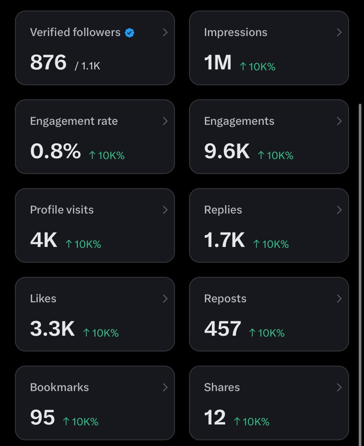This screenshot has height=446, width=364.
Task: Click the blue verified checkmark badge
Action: click(x=130, y=33)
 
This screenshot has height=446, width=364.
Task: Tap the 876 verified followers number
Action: click(x=48, y=62)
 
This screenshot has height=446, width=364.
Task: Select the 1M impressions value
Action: click(x=218, y=62)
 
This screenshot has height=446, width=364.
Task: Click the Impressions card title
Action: click(x=236, y=33)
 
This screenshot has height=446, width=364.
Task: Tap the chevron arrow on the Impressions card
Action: click(x=339, y=33)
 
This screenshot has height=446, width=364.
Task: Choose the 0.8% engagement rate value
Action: click(x=55, y=151)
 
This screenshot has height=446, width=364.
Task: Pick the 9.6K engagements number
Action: click(x=227, y=151)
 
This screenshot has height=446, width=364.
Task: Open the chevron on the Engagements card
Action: click(x=339, y=121)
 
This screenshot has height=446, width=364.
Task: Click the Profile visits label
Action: click(x=62, y=210)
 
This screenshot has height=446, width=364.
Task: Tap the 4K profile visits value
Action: click(x=44, y=240)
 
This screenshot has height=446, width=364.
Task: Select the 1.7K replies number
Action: click(x=225, y=240)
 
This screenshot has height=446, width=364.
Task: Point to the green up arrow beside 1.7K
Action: click(x=256, y=244)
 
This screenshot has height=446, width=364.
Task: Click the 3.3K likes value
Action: click(x=52, y=329)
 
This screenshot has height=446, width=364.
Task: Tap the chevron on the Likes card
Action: click(x=165, y=299)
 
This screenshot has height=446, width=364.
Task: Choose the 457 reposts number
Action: click(x=222, y=329)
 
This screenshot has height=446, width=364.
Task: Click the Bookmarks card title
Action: click(x=59, y=388)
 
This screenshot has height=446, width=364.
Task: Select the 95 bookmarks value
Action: click(x=42, y=417)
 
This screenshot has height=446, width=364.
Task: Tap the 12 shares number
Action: click(x=215, y=417)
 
